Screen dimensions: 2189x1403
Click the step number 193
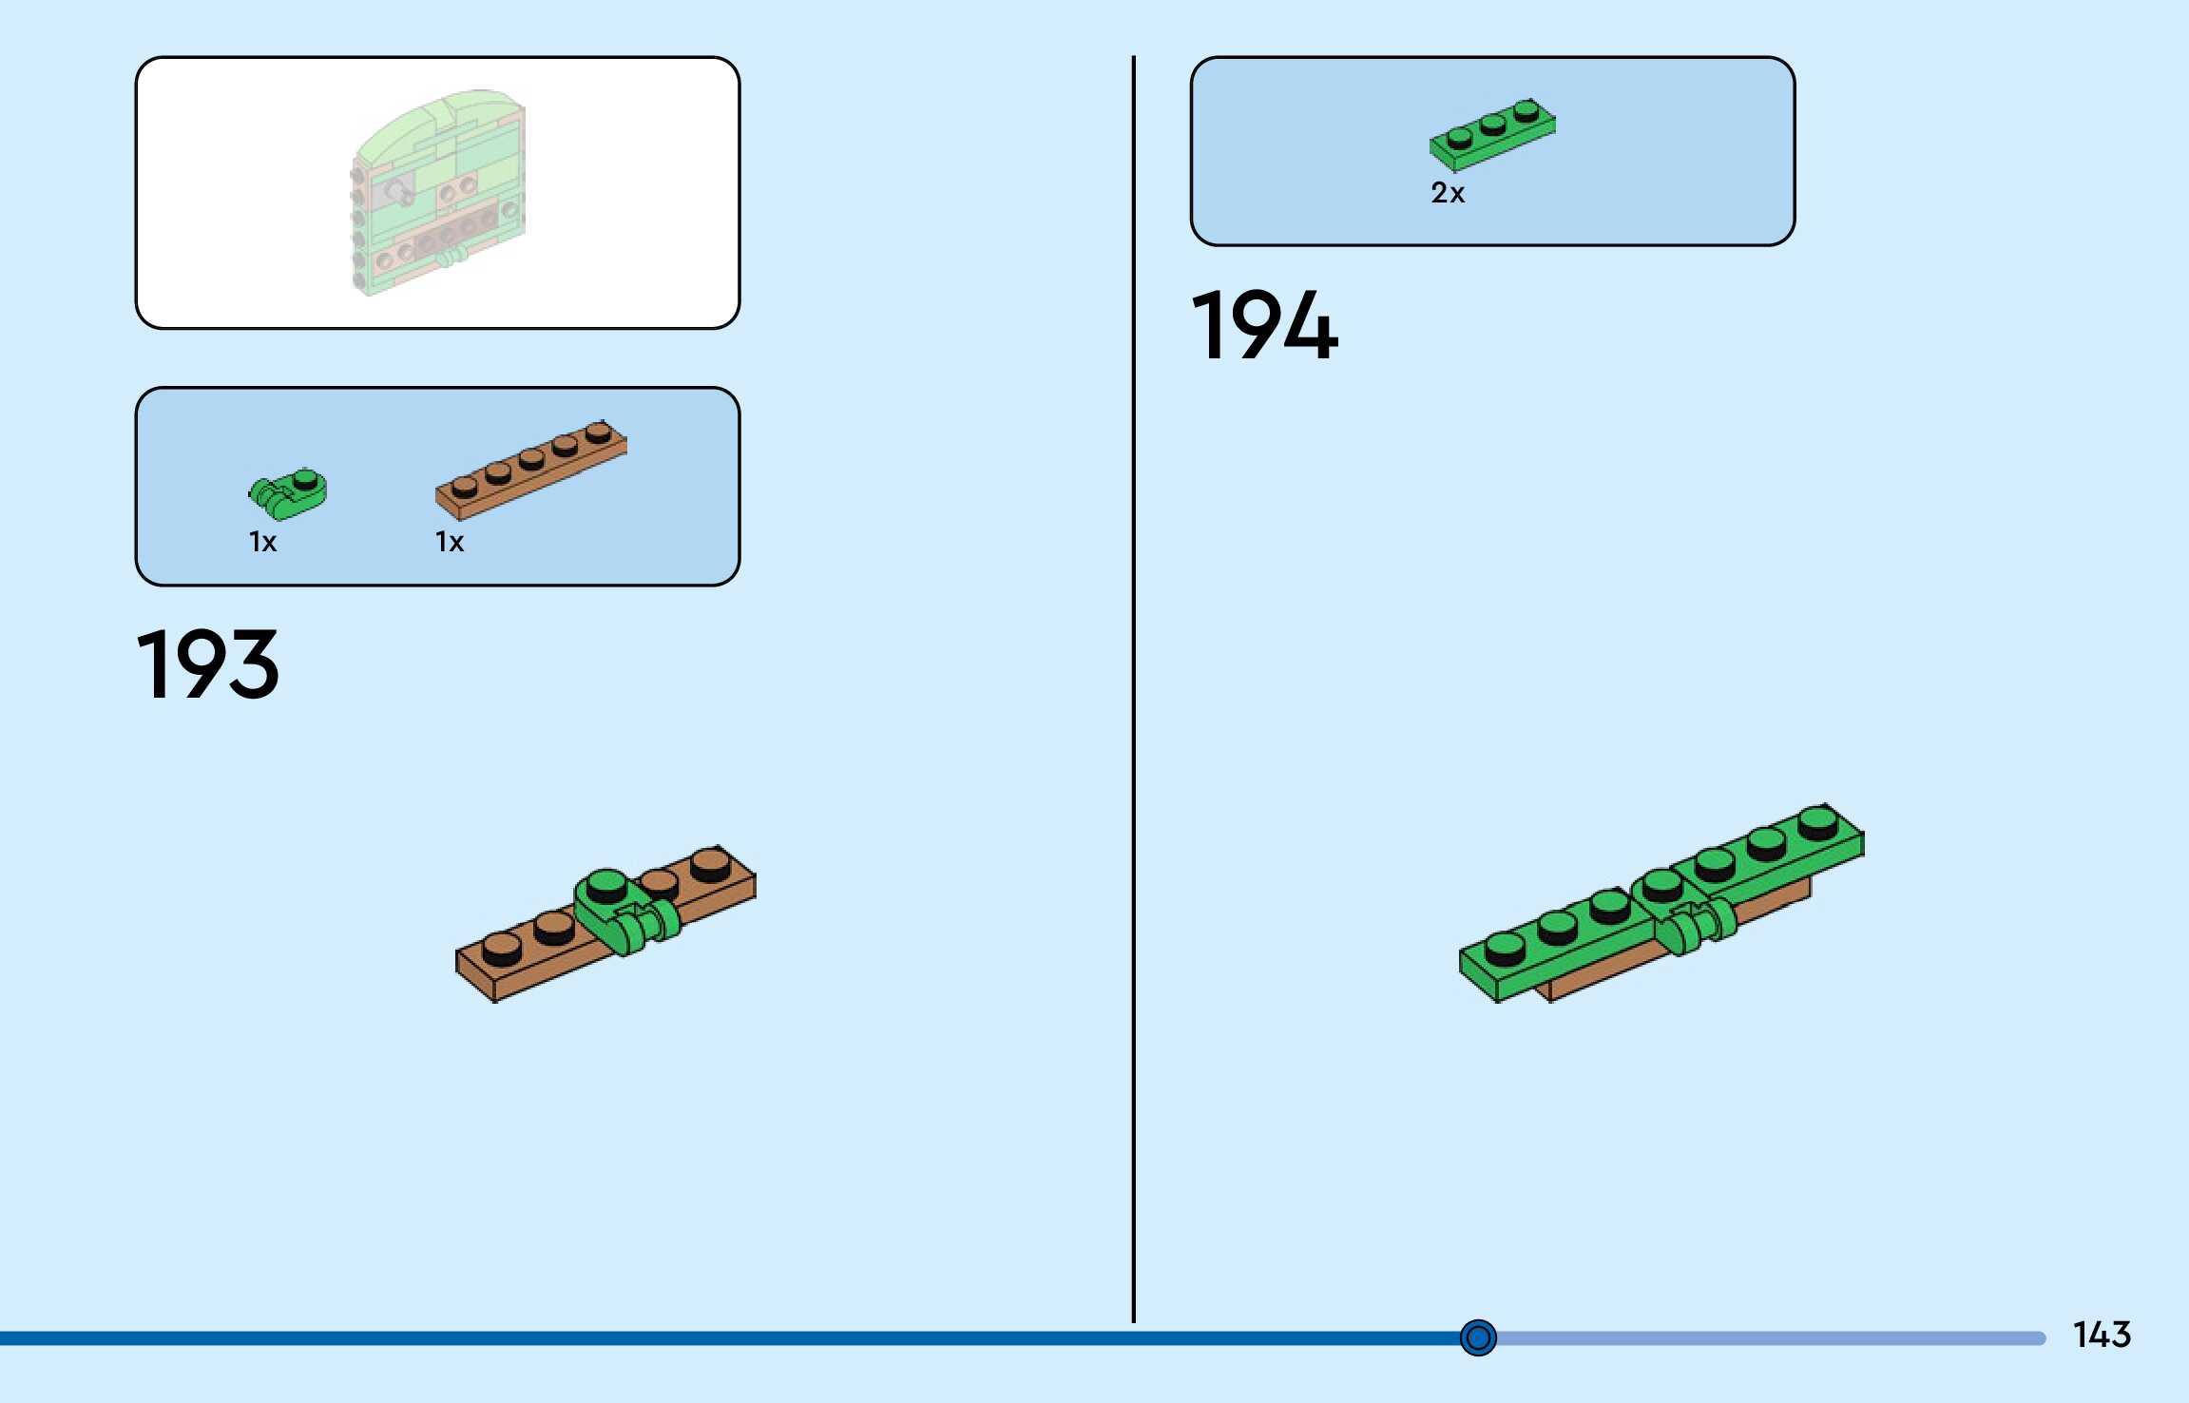point(208,664)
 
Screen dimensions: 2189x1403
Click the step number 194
point(1264,326)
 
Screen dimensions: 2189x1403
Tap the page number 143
point(2102,1335)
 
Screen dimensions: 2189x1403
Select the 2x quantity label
point(1448,193)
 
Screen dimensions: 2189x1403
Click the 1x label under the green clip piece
point(262,542)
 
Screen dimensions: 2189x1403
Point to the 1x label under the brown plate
point(450,542)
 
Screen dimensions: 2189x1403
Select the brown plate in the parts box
point(530,470)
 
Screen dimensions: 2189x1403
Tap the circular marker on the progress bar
point(1478,1338)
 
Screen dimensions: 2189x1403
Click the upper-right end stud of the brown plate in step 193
point(710,863)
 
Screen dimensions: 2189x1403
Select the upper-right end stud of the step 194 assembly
point(1817,819)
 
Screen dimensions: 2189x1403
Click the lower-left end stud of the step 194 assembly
point(1504,947)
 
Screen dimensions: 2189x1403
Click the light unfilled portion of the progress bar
point(1768,1338)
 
